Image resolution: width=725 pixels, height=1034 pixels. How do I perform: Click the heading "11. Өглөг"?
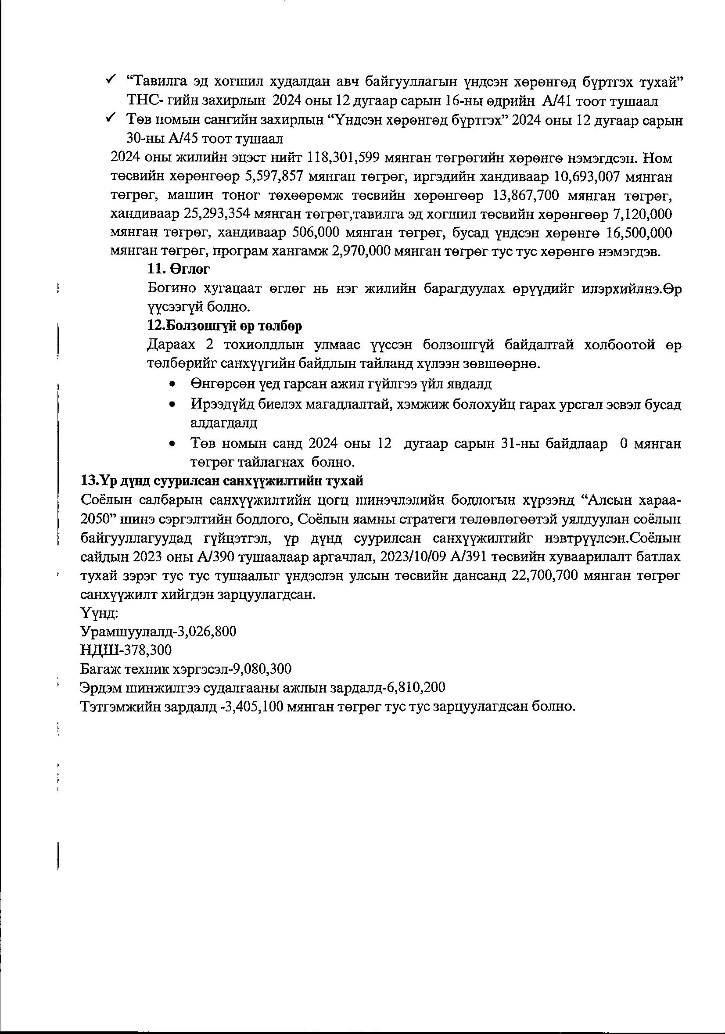[x=178, y=269]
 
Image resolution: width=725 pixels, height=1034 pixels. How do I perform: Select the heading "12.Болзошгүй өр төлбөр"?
[x=225, y=326]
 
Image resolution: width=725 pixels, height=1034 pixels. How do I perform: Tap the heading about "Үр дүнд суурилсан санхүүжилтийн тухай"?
[x=222, y=481]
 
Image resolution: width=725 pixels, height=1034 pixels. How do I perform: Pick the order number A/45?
[x=186, y=139]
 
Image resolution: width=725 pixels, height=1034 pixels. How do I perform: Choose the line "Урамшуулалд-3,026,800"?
[x=158, y=632]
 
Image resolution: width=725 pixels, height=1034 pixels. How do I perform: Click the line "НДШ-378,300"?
[x=126, y=650]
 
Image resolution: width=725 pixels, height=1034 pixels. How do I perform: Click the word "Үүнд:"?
[x=99, y=613]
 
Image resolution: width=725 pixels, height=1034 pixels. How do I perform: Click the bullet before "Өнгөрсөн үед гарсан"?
[x=172, y=384]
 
